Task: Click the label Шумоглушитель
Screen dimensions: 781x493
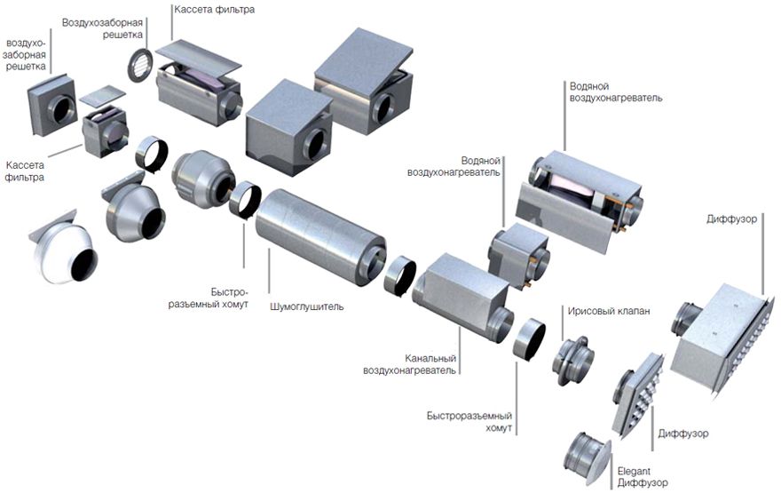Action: (x=307, y=306)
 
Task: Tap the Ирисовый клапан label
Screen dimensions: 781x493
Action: (x=609, y=311)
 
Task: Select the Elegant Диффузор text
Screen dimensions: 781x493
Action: (x=643, y=477)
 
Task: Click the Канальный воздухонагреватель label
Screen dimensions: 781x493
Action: (x=409, y=364)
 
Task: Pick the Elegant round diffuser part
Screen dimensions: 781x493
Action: (x=588, y=458)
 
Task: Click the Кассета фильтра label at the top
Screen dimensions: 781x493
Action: (x=214, y=10)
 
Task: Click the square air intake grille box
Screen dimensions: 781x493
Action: (x=52, y=105)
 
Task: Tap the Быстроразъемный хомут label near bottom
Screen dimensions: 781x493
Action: (x=469, y=422)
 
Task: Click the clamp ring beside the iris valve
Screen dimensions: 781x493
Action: (x=529, y=339)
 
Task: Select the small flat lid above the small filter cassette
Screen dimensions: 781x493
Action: (x=102, y=95)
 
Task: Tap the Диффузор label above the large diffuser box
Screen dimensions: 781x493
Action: (x=731, y=219)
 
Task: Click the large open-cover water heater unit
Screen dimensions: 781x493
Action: (x=579, y=202)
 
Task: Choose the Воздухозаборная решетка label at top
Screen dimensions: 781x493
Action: (x=103, y=28)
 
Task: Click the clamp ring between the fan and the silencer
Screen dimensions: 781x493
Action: (x=245, y=201)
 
